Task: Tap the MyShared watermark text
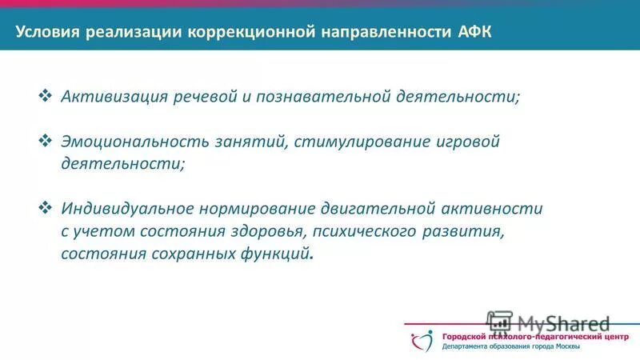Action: [x=563, y=323]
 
